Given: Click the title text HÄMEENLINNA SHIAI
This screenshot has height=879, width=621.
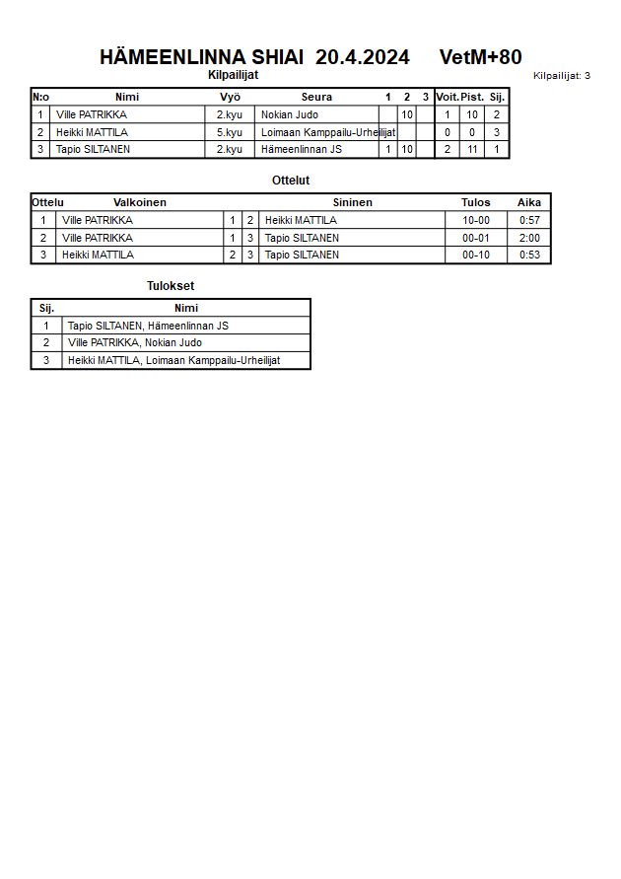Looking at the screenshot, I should point(201,57).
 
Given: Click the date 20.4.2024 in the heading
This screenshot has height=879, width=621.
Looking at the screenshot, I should point(362,57).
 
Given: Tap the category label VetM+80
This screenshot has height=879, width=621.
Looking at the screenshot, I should point(480,57).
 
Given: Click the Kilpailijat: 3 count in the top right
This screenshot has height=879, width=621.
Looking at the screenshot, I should point(561,76).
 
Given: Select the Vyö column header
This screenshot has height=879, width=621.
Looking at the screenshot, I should point(230,97).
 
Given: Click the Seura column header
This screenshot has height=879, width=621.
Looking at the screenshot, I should point(316,97).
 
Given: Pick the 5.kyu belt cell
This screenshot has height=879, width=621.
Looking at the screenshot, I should point(230,132).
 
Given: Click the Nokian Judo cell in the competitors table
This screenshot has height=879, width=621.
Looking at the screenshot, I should point(289,114).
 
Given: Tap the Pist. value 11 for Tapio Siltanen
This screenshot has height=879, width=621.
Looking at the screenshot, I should point(472,150).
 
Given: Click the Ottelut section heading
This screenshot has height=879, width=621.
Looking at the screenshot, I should point(291,181).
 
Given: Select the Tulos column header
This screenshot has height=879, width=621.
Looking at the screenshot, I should point(475,202).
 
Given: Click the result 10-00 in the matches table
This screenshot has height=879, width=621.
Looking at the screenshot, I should point(475,220).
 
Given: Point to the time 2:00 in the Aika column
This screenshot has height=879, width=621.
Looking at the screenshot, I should point(529,238).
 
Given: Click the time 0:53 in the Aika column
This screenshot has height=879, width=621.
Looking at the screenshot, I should point(529,255).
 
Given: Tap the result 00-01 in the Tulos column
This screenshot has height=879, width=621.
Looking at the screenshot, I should point(475,238).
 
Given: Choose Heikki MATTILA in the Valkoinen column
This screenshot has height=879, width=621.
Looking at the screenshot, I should point(97,255).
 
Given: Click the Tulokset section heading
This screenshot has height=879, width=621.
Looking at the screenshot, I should point(171,286).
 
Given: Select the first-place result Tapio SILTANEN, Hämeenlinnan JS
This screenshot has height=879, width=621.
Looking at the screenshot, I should point(148,326).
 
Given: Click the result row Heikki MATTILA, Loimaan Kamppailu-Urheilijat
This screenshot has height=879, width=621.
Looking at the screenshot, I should point(173,360).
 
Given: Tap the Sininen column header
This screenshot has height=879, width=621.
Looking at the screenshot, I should point(352,202).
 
